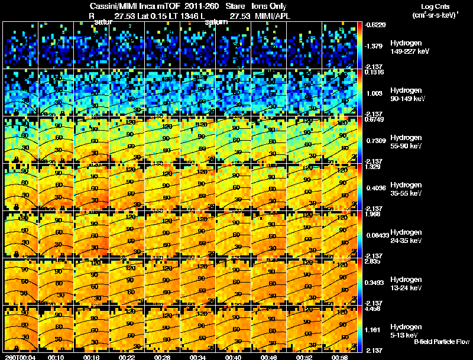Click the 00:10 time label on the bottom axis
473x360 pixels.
coord(57,357)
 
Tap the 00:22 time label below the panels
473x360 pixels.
coord(128,357)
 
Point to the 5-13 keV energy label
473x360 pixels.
coord(406,335)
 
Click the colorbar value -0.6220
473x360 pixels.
coord(375,25)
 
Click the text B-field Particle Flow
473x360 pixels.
coord(441,342)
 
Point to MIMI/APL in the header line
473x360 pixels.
coord(271,15)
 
